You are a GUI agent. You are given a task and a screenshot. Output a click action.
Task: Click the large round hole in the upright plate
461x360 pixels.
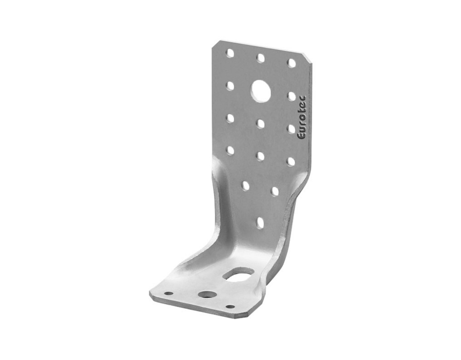(x=261, y=90)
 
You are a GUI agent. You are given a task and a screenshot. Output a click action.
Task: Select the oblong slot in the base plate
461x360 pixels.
(x=239, y=274)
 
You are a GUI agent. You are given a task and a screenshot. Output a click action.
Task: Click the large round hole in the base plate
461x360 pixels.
(x=207, y=295)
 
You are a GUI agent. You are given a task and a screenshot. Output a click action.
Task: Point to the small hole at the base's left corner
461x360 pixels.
(x=169, y=293)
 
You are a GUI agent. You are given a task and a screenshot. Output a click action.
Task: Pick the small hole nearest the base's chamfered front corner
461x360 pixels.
(x=230, y=307)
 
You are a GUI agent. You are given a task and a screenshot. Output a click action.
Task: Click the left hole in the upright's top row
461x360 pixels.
(x=230, y=53)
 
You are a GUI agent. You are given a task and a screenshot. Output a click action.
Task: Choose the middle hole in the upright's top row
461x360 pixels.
(x=260, y=58)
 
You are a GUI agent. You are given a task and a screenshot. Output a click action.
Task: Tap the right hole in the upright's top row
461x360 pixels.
(x=292, y=63)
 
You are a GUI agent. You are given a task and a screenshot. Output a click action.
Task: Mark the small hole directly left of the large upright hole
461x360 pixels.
(x=230, y=85)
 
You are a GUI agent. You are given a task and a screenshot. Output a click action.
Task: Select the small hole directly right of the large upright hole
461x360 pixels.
(x=292, y=96)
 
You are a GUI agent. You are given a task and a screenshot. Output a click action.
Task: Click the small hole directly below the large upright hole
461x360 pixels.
(x=260, y=123)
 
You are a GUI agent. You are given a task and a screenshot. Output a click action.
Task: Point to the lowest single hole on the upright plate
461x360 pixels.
(x=260, y=222)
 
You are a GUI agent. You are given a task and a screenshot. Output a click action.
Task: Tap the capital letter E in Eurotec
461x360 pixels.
(x=302, y=135)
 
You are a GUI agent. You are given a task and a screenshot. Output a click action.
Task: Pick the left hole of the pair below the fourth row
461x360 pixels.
(x=245, y=185)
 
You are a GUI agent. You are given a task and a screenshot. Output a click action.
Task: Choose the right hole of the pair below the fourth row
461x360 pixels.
(x=275, y=191)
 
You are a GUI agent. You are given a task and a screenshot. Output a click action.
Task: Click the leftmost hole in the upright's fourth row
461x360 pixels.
(x=230, y=150)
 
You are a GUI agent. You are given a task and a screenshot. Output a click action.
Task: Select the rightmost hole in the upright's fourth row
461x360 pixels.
(x=291, y=162)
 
